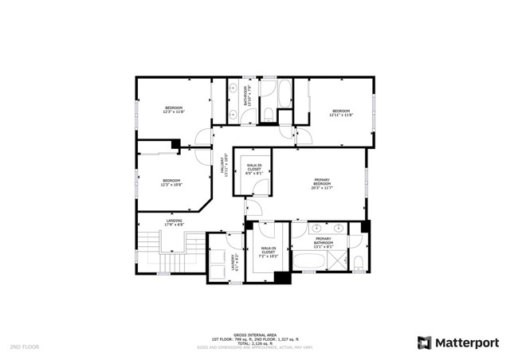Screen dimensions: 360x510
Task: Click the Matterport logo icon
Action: click(425, 342)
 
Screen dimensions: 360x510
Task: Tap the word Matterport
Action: click(466, 342)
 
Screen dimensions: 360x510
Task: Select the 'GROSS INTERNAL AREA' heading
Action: click(254, 335)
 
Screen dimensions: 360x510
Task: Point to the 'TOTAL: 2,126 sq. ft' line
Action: click(254, 343)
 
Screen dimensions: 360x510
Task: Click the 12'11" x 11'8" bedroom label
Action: click(341, 112)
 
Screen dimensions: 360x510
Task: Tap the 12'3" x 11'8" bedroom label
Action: click(174, 110)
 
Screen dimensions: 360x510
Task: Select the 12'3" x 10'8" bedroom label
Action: click(172, 182)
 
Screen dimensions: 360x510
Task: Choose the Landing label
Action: click(174, 222)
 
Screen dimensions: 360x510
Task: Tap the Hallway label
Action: click(225, 166)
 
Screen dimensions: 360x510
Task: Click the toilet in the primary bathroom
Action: click(359, 263)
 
